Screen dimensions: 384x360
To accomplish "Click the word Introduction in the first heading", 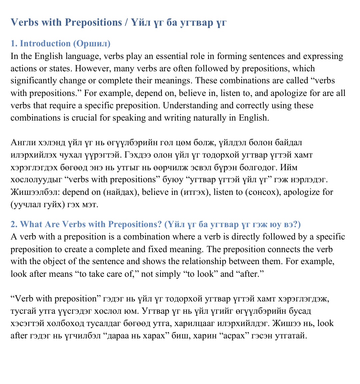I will pyautogui.click(x=45, y=44).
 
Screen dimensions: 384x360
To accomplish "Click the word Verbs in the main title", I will pyautogui.click(x=24, y=22).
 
